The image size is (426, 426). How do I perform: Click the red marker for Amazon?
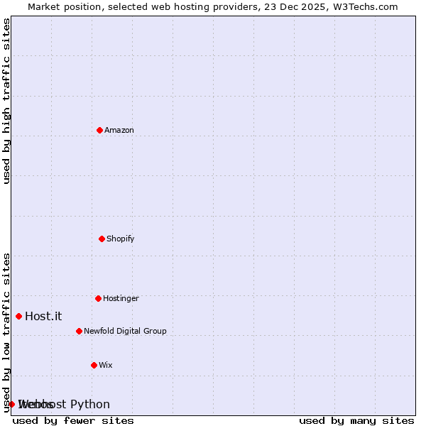(99, 130)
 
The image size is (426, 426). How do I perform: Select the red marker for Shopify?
(102, 239)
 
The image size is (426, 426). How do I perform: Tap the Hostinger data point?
(98, 298)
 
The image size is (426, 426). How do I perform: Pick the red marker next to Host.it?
(18, 316)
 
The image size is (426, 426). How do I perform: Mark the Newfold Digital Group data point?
(79, 331)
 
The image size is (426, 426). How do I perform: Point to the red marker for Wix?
(94, 365)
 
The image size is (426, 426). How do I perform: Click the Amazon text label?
(119, 130)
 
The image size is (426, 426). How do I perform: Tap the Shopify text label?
(121, 239)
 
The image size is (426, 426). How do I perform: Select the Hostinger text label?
(121, 298)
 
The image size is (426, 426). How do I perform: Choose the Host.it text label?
(43, 316)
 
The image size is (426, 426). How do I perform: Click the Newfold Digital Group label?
(125, 331)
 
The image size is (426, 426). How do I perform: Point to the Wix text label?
(106, 365)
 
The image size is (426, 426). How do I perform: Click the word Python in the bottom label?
(89, 404)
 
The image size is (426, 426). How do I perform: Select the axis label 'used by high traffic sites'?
(6, 101)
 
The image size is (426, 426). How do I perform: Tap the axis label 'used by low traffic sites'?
(6, 332)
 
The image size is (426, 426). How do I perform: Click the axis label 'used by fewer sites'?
(73, 420)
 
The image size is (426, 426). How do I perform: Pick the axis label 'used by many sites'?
(356, 420)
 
